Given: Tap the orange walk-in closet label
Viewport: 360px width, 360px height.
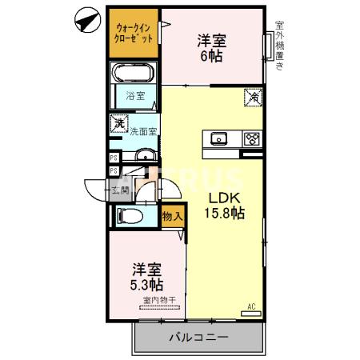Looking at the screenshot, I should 133,33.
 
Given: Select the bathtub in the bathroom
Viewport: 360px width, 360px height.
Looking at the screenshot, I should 134,75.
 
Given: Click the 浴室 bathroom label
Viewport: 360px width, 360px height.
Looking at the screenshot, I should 134,97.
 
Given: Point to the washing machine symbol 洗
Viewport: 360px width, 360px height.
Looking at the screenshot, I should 118,124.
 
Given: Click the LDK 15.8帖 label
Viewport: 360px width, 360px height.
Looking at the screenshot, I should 226,206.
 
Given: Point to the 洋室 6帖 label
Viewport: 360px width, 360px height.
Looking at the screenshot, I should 212,47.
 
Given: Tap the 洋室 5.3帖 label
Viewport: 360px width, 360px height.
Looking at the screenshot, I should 148,276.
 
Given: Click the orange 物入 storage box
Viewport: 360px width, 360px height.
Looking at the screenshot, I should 171,217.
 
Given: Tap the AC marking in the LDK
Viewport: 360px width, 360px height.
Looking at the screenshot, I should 251,306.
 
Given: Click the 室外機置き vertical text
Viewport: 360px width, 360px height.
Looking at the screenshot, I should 279,46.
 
